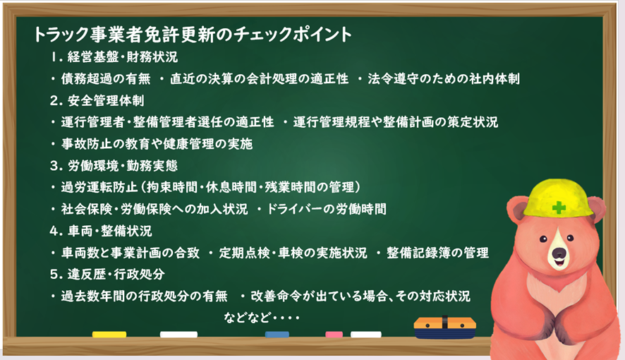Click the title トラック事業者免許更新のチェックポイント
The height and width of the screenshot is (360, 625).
193,35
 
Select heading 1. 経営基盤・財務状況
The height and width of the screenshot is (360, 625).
114,57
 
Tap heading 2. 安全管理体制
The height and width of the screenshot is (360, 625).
97,100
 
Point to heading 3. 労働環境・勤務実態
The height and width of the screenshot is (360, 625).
114,165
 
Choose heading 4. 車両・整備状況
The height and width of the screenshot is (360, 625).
101,231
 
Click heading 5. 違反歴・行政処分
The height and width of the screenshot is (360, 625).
107,275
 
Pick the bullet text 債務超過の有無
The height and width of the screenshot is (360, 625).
106,79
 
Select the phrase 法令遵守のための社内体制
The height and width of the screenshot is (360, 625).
444,79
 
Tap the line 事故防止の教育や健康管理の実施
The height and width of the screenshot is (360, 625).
157,144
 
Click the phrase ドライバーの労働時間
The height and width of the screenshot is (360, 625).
327,209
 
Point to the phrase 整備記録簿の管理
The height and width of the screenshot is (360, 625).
437,253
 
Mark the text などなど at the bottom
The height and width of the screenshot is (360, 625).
247,318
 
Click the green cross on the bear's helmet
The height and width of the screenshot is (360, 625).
559,208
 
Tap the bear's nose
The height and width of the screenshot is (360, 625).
559,253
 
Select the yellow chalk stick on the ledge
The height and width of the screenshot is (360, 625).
109,335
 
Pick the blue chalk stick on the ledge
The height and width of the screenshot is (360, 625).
277,335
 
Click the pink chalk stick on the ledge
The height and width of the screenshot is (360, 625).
334,335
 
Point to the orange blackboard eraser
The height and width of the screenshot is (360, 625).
445,328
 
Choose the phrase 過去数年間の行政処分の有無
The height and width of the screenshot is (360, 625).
145,296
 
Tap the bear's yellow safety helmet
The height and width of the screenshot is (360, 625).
557,201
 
